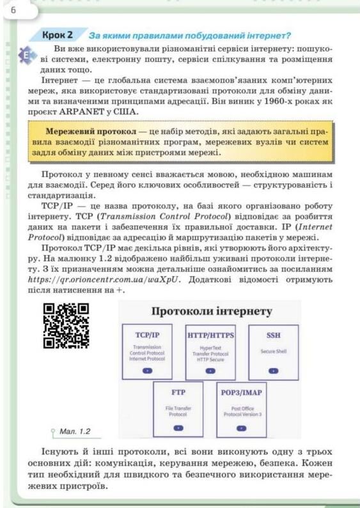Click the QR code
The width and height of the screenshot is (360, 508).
[65, 325]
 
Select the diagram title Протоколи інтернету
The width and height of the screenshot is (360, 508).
[212, 312]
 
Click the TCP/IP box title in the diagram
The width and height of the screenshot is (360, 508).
[148, 334]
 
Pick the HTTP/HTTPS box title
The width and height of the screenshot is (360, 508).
[210, 334]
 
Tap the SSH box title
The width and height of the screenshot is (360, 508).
[274, 334]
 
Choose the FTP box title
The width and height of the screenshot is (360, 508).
[178, 392]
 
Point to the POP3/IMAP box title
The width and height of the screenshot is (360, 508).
[241, 392]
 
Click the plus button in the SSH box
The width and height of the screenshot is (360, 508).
[274, 370]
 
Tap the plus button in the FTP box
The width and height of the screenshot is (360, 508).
[178, 427]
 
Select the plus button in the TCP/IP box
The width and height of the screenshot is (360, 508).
[148, 370]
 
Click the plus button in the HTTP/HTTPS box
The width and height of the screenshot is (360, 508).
[210, 370]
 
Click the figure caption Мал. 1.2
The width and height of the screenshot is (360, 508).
[74, 431]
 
